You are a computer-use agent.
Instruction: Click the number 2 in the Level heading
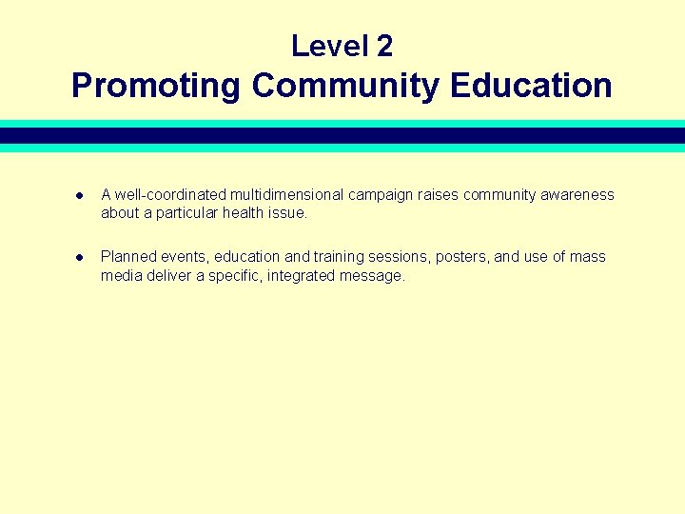pyautogui.click(x=382, y=46)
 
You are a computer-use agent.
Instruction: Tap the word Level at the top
pyautogui.click(x=328, y=46)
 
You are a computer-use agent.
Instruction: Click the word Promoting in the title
pyautogui.click(x=157, y=86)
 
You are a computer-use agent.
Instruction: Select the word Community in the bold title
pyautogui.click(x=346, y=86)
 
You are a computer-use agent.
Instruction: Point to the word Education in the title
pyautogui.click(x=531, y=86)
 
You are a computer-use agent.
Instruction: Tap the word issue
pyautogui.click(x=287, y=213)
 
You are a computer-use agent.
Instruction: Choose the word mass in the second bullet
pyautogui.click(x=588, y=257)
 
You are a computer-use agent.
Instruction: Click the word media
pyautogui.click(x=121, y=275)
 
